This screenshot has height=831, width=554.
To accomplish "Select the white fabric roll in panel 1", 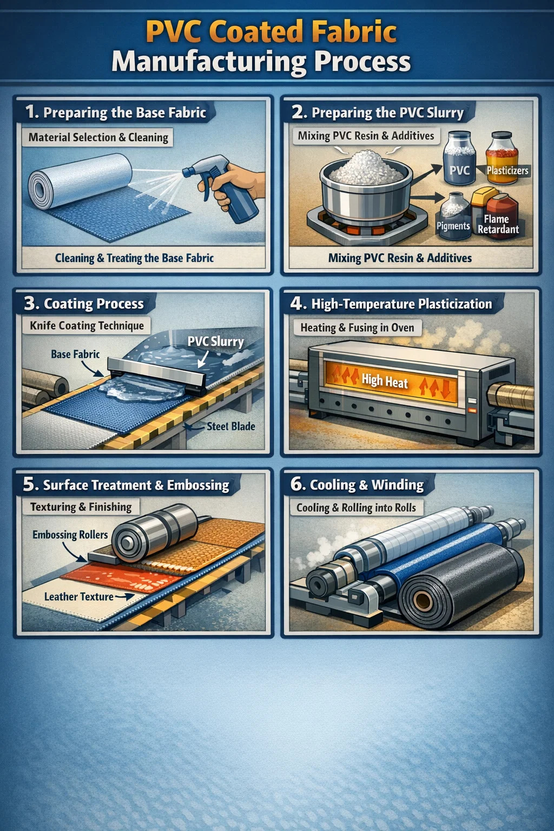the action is pos(80,181).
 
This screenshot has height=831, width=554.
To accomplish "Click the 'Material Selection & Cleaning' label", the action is pos(98,137).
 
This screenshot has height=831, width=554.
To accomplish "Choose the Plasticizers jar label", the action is pos(507,170).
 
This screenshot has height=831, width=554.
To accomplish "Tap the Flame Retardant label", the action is pos(498,225).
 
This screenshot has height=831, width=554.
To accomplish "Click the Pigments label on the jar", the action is pos(453,226).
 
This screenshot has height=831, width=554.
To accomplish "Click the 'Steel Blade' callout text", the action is pos(231,427).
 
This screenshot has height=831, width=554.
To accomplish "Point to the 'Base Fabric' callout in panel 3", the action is pos(75,354).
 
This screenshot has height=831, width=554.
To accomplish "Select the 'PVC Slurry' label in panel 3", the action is pos(215,341).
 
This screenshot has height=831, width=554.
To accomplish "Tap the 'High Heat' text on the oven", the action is pos(385,381).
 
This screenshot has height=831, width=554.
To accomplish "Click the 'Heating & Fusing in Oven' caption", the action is pos(357,328).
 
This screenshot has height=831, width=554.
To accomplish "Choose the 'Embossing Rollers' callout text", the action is pos(70,535).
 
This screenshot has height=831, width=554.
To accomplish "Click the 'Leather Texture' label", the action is pos(78,597).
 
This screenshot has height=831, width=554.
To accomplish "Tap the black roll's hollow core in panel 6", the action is pos(423,599).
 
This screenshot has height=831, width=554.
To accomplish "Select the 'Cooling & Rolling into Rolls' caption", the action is pos(356,508).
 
